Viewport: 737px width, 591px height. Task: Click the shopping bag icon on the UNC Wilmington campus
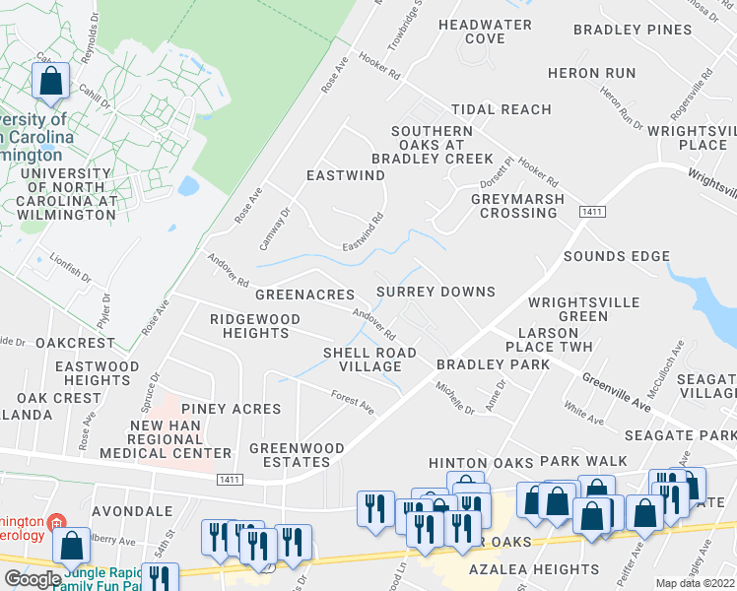50,81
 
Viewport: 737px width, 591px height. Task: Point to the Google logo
32,579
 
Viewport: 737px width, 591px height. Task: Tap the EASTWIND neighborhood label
345,175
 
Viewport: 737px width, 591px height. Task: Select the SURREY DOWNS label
436,293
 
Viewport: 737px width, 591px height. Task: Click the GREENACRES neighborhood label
304,295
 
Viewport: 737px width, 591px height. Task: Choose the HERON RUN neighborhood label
592,73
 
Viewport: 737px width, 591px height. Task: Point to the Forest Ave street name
353,404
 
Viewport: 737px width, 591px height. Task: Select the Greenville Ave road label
616,377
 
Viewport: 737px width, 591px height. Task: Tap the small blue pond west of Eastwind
188,185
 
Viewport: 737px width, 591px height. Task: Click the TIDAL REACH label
501,109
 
